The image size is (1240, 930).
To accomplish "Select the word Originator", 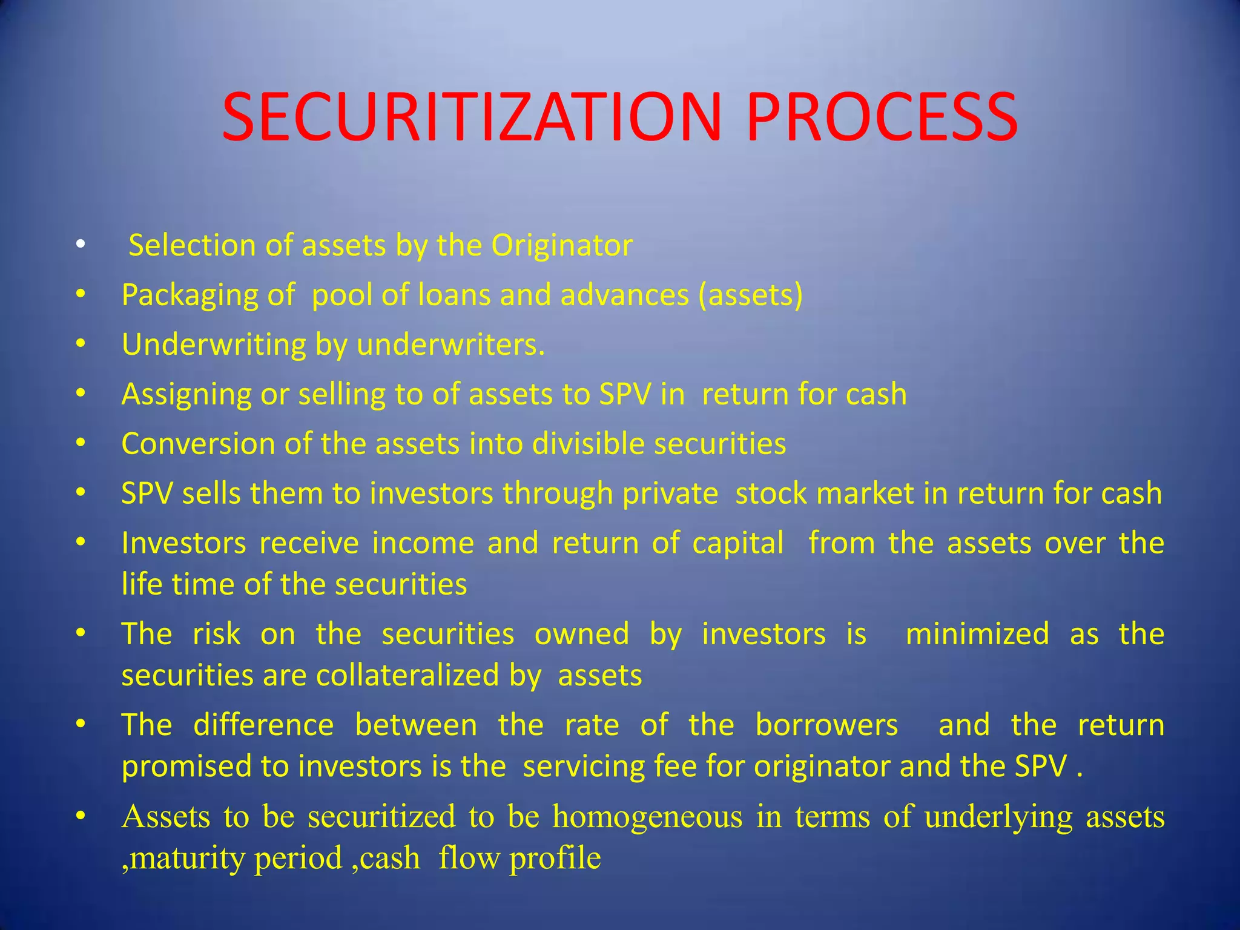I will tap(562, 246).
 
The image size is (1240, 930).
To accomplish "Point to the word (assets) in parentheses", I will tap(750, 295).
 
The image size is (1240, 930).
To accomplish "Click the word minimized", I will tap(977, 634).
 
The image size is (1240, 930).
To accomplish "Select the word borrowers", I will tap(826, 725).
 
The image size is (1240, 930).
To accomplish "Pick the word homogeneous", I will tap(647, 817).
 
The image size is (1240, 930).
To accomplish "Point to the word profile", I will tap(555, 858).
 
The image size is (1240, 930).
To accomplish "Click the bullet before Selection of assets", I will tap(81, 246).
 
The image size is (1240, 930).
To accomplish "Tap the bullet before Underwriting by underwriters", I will tap(81, 345).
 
